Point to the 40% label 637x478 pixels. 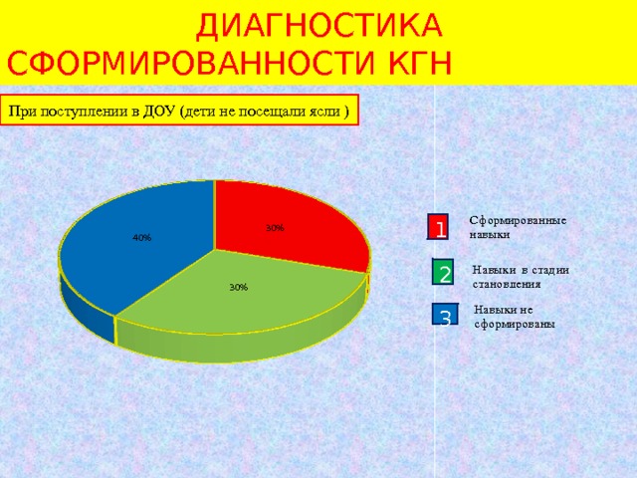click(141, 238)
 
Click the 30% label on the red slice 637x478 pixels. click(275, 228)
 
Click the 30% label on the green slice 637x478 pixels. click(238, 287)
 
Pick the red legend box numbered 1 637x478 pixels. click(439, 228)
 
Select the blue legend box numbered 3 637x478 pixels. click(445, 317)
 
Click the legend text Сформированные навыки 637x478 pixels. click(517, 227)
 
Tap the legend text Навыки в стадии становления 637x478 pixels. click(521, 276)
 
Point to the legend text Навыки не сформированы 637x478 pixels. click(515, 317)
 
